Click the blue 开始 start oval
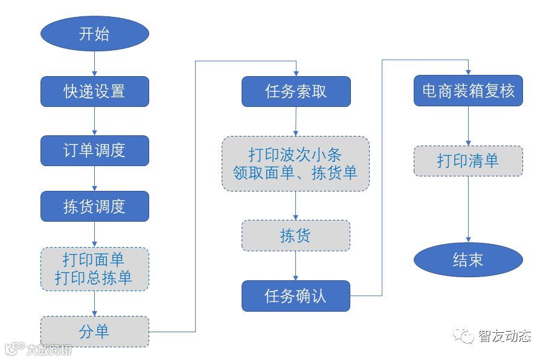click(x=94, y=33)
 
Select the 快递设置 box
click(x=94, y=91)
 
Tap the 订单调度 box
click(x=94, y=150)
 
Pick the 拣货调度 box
click(x=94, y=207)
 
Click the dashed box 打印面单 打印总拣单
click(x=94, y=269)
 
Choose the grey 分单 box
click(x=94, y=331)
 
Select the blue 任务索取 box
click(x=296, y=91)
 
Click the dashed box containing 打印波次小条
click(x=295, y=164)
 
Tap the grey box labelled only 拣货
click(x=295, y=236)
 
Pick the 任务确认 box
click(x=295, y=296)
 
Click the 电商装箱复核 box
click(x=468, y=91)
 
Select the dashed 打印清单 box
click(x=468, y=161)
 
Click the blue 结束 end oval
click(x=468, y=260)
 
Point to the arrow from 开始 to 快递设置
click(x=95, y=63)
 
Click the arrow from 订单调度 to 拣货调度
click(x=95, y=179)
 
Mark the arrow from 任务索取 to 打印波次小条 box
click(x=295, y=121)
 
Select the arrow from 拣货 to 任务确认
click(x=295, y=266)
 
